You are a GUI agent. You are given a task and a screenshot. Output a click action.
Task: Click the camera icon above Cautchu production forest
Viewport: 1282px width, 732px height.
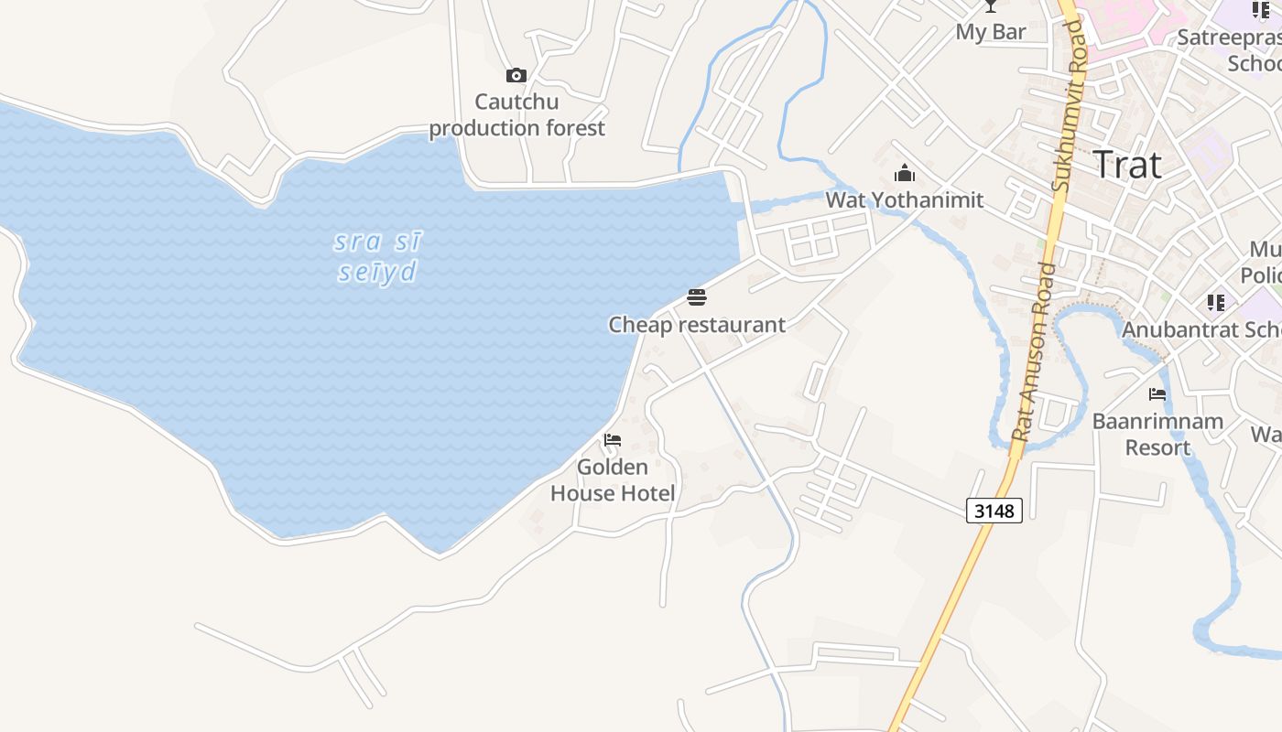point(516,75)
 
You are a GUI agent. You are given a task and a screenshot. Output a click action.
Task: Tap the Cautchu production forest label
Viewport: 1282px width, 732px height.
point(516,114)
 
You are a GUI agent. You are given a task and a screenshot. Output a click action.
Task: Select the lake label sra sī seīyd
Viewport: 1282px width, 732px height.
point(378,257)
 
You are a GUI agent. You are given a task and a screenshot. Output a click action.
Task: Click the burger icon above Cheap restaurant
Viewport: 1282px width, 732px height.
point(697,297)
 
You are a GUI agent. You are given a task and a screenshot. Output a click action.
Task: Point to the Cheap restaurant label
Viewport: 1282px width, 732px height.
point(697,325)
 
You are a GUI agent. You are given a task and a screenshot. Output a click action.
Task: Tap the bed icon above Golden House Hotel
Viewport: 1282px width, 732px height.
point(613,440)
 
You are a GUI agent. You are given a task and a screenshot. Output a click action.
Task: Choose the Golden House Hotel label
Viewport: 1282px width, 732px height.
point(613,480)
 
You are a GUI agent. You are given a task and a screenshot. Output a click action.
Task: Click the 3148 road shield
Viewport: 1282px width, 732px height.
point(994,511)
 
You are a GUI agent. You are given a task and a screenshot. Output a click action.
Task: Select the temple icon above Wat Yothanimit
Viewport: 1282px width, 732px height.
point(905,173)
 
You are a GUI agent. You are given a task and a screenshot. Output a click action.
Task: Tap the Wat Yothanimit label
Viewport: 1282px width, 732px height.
point(905,199)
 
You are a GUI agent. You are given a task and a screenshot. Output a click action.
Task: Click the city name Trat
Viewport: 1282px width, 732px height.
point(1127,166)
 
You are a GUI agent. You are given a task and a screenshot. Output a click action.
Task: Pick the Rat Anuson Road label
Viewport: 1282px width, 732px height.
point(1031,352)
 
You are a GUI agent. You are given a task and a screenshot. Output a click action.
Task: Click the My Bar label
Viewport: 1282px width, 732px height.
point(991,32)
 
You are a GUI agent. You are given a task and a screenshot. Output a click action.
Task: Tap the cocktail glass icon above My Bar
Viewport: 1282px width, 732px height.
point(990,6)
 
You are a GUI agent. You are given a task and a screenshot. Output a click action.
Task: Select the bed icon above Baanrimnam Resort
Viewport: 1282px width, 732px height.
point(1157,394)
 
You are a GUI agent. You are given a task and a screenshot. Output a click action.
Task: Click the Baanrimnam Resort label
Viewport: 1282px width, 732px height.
point(1157,435)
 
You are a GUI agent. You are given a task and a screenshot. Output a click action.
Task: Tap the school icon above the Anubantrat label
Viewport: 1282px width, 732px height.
point(1216,302)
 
